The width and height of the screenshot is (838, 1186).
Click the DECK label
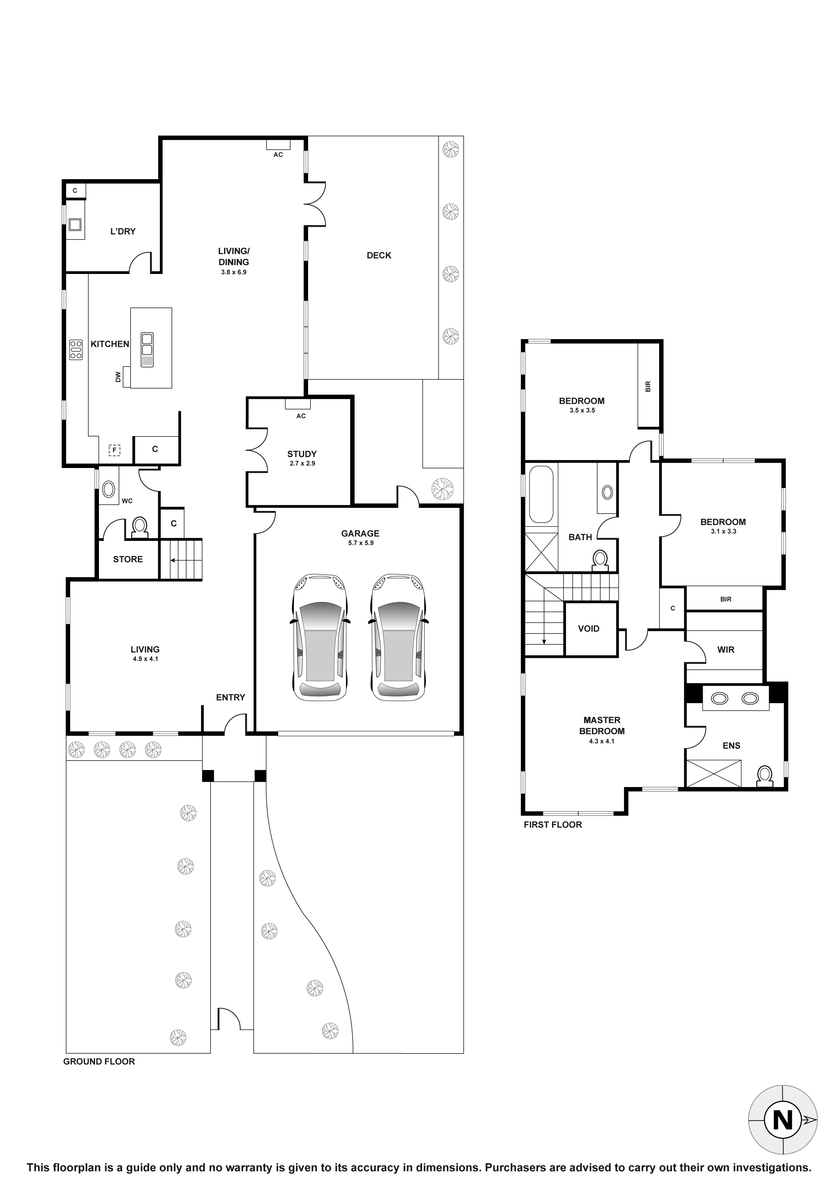pyautogui.click(x=379, y=255)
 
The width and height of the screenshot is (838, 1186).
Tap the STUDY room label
pyautogui.click(x=302, y=454)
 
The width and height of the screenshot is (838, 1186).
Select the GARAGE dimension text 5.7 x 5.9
pyautogui.click(x=361, y=543)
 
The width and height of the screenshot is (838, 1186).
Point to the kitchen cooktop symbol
pyautogui.click(x=76, y=350)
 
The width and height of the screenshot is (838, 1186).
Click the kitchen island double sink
pyautogui.click(x=147, y=350)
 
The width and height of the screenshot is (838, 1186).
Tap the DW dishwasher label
pyautogui.click(x=118, y=377)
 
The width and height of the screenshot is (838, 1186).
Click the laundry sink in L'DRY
pyautogui.click(x=75, y=224)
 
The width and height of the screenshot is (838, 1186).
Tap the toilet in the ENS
pyautogui.click(x=764, y=775)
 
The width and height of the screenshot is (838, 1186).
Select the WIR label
pyautogui.click(x=725, y=650)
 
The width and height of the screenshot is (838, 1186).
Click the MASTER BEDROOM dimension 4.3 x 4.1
pyautogui.click(x=601, y=741)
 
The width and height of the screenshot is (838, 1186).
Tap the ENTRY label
pyautogui.click(x=230, y=697)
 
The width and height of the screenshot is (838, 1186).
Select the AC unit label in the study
pyautogui.click(x=301, y=416)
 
